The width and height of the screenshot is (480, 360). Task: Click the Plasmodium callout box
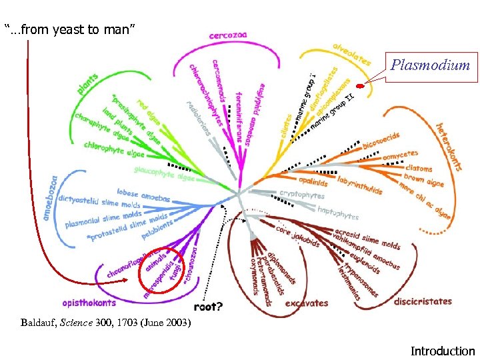click(430, 65)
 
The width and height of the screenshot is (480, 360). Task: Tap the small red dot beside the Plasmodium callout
click(360, 86)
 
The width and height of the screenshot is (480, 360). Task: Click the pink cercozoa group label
click(228, 35)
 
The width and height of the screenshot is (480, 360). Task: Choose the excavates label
click(306, 303)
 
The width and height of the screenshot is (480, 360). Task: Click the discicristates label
click(423, 301)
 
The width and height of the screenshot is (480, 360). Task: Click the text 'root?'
click(209, 307)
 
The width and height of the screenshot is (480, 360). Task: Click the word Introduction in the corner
click(443, 351)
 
